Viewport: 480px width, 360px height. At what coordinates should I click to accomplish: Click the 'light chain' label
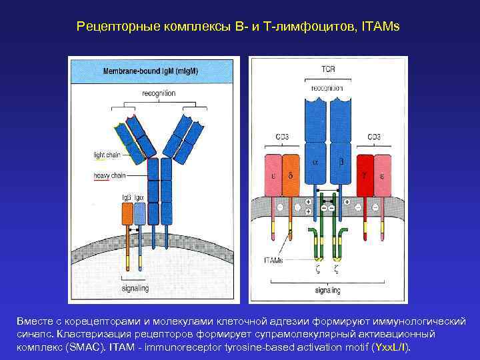tap(107, 155)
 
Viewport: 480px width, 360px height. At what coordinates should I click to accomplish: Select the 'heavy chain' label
tap(109, 175)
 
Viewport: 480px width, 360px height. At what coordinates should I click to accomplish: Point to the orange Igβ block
tap(127, 213)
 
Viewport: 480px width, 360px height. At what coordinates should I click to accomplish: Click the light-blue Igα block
tap(139, 213)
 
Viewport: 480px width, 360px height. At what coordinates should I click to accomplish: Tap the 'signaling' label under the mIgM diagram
tap(135, 288)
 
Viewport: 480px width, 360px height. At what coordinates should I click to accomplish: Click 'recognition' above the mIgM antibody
tap(159, 93)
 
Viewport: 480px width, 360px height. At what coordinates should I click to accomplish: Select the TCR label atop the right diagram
tap(327, 69)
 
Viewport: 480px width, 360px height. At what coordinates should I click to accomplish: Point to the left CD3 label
tap(281, 137)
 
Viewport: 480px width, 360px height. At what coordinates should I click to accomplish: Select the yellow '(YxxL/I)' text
tap(390, 347)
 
